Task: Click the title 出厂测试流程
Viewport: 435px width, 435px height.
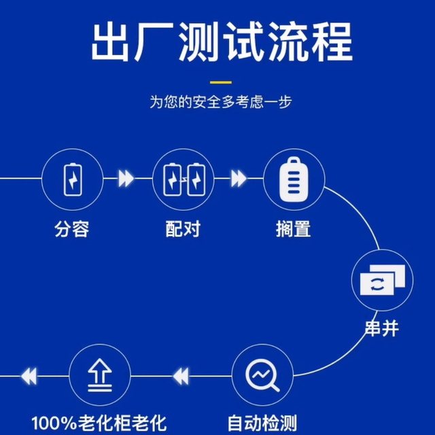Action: [x=222, y=42]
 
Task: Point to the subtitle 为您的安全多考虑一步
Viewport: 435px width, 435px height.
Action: [x=222, y=103]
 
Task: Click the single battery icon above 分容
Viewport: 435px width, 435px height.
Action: [x=72, y=179]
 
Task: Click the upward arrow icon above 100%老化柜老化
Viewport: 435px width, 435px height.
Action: [x=101, y=375]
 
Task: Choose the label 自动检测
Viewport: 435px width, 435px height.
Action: [x=262, y=422]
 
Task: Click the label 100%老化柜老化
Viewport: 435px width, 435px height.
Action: [x=99, y=422]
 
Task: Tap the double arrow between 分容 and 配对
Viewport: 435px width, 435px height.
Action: [x=126, y=179]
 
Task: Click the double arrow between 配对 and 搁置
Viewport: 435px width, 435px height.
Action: [x=239, y=179]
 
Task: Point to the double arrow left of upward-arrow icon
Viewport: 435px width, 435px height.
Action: [x=29, y=375]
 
